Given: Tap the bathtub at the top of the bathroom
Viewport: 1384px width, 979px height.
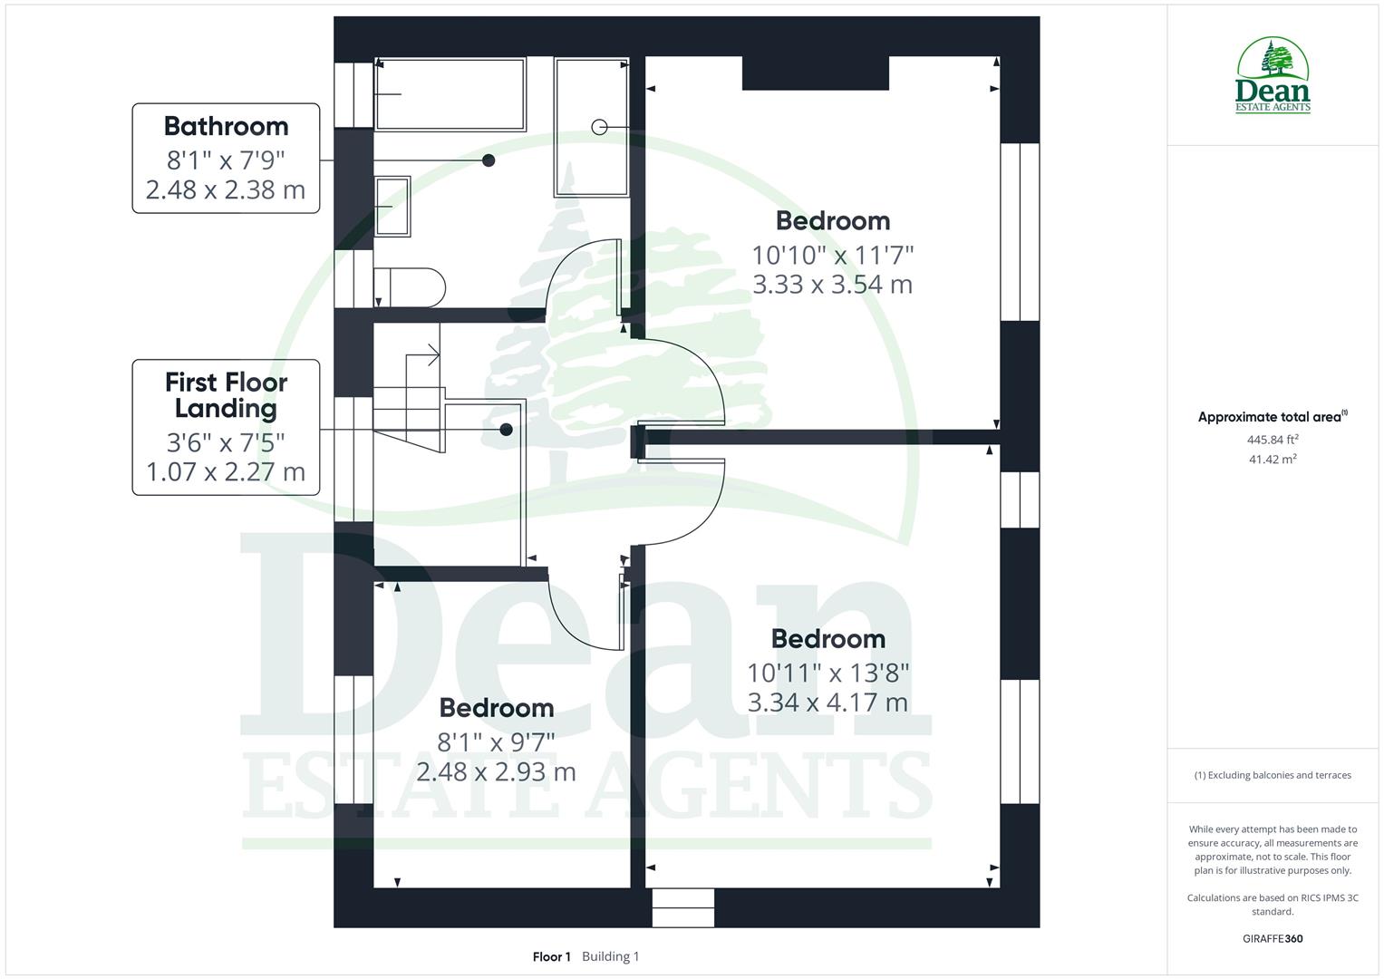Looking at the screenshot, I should point(450,94).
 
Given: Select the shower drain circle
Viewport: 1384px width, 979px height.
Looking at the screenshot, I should point(599,127).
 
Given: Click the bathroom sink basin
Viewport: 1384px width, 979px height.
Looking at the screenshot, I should point(392,207).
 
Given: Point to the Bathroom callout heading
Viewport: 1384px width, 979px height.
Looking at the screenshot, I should point(226,126).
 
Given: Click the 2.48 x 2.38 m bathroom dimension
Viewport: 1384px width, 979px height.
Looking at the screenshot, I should point(226,190).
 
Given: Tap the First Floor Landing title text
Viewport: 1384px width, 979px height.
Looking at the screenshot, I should point(226,395).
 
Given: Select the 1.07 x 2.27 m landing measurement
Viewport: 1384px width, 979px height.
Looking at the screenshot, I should point(226,472).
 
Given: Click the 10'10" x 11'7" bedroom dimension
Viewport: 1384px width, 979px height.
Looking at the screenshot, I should point(832,255).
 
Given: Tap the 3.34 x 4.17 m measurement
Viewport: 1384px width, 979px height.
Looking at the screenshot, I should point(827,703).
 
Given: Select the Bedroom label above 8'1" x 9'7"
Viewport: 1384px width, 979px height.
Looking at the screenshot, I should point(496,708).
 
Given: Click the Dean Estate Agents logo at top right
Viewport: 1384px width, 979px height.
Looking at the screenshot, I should point(1273,76).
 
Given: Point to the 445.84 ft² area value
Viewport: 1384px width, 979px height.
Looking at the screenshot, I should point(1273,440).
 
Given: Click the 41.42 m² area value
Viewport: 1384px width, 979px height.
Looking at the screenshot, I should point(1273,460).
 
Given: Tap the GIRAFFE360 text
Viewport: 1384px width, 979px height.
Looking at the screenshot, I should point(1273,938).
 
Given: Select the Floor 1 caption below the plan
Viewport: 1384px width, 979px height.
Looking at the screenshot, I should point(551,956).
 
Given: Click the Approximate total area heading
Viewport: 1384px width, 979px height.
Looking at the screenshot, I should point(1272,417).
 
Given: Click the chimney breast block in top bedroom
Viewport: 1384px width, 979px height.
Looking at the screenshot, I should point(815,73).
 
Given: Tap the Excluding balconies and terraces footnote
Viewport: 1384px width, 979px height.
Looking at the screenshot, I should point(1273,775).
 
